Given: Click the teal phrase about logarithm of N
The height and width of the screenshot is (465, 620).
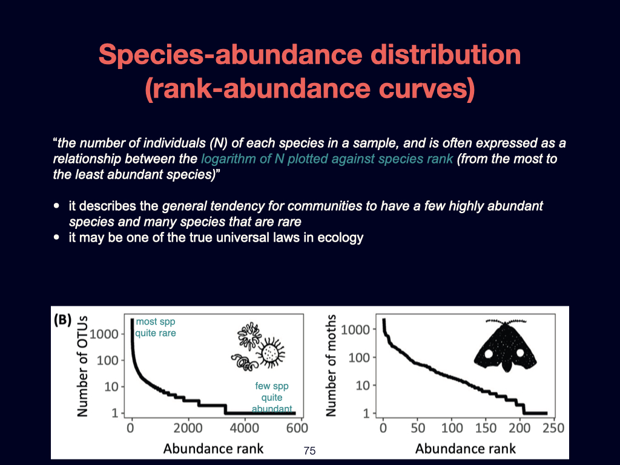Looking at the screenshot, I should coord(326,160).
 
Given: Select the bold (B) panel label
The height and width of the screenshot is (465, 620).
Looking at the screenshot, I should coord(64,318).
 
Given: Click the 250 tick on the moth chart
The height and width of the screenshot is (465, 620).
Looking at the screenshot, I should coord(552,428).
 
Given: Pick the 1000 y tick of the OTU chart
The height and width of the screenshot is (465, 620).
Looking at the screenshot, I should coord(105,334).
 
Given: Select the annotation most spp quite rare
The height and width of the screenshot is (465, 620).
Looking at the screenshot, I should coord(156,328).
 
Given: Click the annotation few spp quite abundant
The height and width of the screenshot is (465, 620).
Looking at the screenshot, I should coord(271,397).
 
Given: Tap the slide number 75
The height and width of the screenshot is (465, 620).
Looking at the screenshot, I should coord(309,450).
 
